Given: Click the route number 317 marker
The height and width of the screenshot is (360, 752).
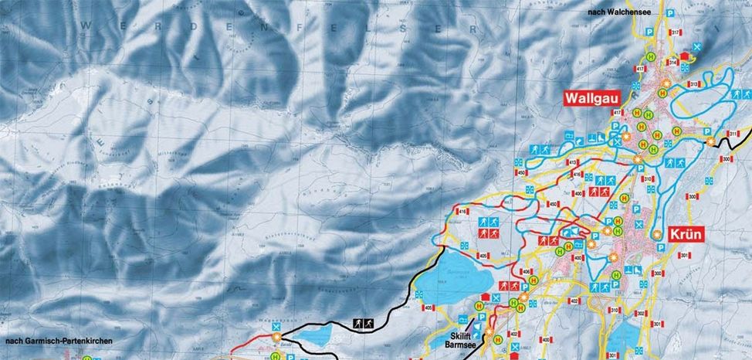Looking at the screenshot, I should (x=675, y=32).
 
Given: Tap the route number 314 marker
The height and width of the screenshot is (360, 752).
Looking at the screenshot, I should (x=672, y=62).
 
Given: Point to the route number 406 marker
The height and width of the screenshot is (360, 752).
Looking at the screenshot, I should (x=526, y=272).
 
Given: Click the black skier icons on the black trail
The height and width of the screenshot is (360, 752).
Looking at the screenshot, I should (x=364, y=323).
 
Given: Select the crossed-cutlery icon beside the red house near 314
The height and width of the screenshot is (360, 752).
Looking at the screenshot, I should (x=697, y=47).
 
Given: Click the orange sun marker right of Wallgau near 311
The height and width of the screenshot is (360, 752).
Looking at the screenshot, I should (x=710, y=141).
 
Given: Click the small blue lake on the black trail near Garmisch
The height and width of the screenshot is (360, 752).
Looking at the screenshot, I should (x=312, y=338).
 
